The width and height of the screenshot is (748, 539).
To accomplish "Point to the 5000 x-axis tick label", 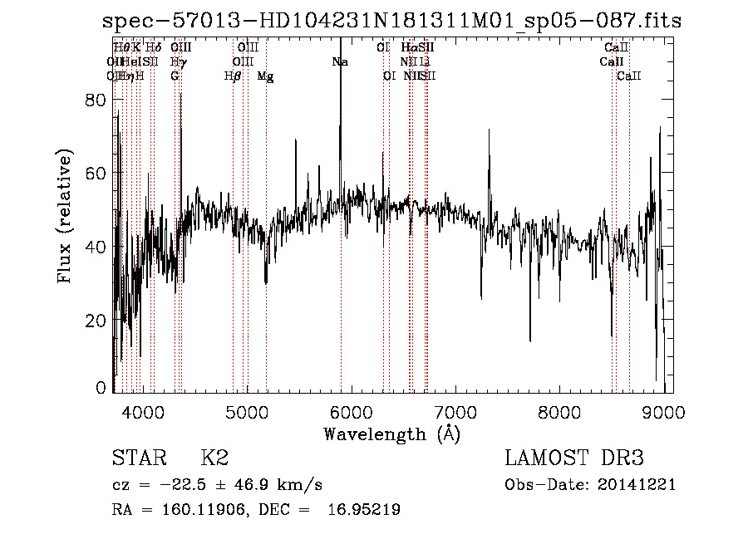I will pos(248,410).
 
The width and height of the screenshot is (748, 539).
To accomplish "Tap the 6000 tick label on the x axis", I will pos(352,410).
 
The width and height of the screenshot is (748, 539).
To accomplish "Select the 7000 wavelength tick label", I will pos(456,410).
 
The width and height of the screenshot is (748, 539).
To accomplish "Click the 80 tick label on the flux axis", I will pos(97,100).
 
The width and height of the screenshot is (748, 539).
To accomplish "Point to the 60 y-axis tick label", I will pos(97,173).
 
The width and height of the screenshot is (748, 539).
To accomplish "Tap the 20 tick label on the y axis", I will pos(97,320).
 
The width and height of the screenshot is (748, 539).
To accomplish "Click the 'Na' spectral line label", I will pos(339,61).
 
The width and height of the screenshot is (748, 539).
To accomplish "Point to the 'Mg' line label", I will pos(266,76).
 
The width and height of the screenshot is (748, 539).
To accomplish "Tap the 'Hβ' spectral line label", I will pos(233,76).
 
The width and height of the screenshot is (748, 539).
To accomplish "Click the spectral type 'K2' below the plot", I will pos(214,458).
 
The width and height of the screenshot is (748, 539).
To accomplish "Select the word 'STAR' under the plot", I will pos(139,458).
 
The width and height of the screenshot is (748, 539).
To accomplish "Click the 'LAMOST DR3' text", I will pos(574,458).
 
